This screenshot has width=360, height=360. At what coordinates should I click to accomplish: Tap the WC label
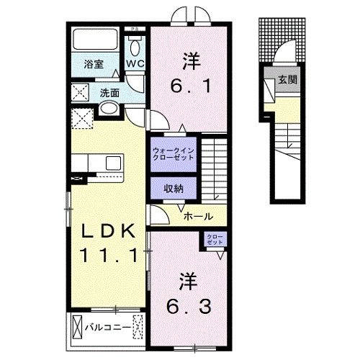tap(136, 63)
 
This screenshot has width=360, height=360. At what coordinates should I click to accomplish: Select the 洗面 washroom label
tap(109, 92)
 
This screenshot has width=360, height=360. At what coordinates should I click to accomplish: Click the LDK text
tap(106, 232)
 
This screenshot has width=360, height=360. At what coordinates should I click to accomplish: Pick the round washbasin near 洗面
tap(108, 109)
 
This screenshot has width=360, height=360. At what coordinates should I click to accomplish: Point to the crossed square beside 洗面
tap(81, 93)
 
